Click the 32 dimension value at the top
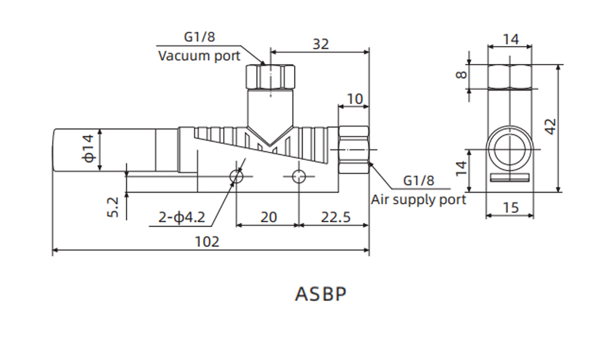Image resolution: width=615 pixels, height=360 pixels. coord(320,44)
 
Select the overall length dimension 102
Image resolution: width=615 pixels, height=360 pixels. coord(207,241)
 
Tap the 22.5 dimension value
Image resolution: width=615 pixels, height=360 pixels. coord(335,217)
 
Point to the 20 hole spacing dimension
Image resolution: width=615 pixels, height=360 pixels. coord(268,217)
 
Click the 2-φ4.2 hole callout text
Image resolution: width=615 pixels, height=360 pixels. coord(181,217)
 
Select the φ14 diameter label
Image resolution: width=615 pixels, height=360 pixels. coord(90,148)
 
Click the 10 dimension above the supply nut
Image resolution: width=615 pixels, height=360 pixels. coord(354,98)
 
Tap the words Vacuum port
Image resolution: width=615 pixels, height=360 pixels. coord(199,56)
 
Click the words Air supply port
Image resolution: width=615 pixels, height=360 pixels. coord(418,199)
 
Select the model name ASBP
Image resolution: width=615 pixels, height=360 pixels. coord(320,294)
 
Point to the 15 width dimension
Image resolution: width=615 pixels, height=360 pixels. coord(510,207)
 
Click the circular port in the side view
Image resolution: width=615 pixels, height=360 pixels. coord(510,148)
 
